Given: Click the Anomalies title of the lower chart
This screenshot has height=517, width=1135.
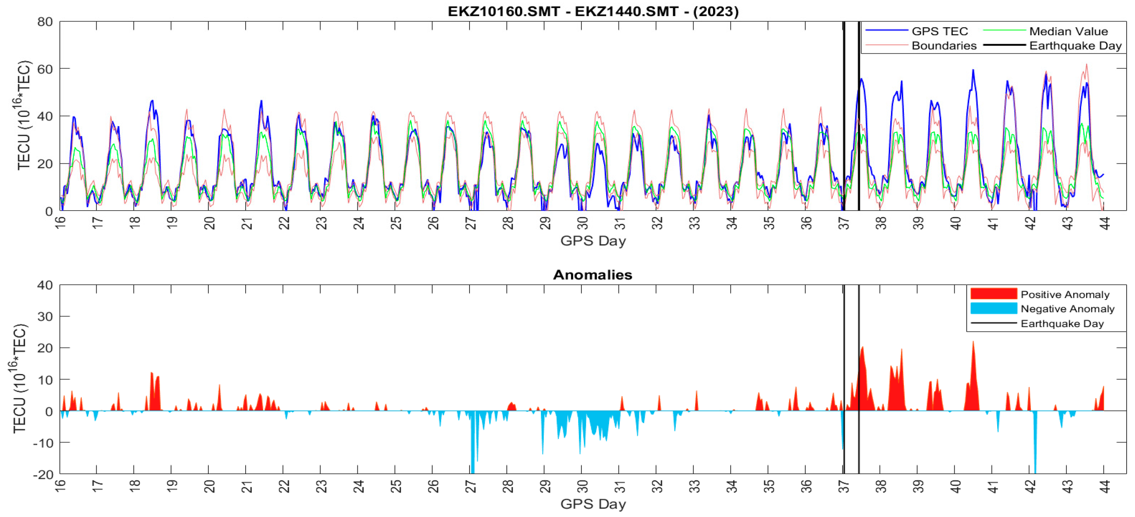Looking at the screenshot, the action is coord(593,275).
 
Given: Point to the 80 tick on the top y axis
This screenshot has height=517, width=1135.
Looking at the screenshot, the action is coord(45,22).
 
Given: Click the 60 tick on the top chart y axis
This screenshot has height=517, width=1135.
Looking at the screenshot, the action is coord(45,69).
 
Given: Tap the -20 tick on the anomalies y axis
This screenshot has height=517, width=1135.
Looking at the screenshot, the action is coord(43,475).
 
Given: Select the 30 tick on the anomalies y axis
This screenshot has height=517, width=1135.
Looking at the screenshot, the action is coord(45,317).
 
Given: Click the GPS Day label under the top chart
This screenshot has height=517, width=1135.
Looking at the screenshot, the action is coord(593,241).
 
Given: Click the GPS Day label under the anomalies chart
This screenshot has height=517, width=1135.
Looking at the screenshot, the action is coord(593,504).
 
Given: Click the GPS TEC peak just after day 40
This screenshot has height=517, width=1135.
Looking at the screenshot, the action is coord(973,70).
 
